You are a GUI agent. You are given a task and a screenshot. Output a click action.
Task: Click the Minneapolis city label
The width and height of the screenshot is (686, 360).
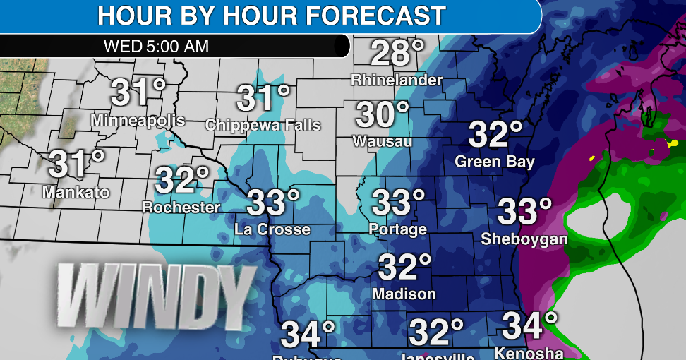tap(138, 120)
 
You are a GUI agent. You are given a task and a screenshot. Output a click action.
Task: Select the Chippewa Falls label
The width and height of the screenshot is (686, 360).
tap(263, 125)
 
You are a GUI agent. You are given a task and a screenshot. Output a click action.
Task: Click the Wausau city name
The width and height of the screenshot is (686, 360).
tap(383, 141)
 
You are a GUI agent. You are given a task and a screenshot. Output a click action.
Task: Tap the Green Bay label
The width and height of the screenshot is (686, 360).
tap(495, 162)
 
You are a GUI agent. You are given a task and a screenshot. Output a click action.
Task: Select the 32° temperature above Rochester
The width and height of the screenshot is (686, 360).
tap(182, 181)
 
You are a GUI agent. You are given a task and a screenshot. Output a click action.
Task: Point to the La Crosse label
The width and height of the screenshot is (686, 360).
tap(272, 229)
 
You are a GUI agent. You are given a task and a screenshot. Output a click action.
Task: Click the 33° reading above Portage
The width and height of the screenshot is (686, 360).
tap(399, 203)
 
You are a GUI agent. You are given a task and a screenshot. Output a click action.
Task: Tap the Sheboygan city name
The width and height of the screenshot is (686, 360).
tap(524, 239)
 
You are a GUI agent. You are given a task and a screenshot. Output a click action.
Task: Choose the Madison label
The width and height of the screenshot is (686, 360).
tap(404, 293)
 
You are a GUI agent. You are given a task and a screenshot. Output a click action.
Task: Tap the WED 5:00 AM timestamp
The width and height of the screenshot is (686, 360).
tap(156, 47)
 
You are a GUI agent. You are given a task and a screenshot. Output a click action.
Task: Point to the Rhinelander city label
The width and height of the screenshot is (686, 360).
tap(397, 80)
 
